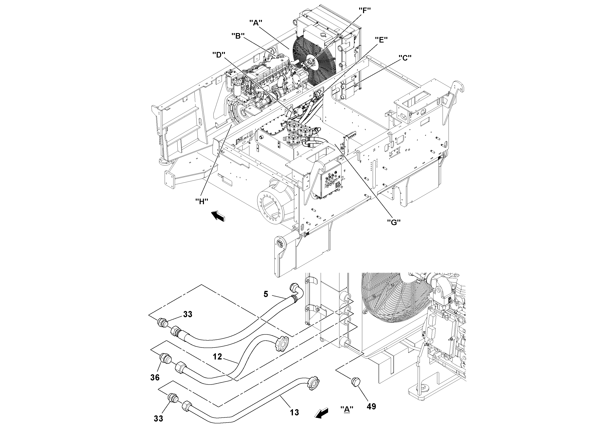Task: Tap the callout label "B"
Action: (x=238, y=36)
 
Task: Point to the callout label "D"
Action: (x=219, y=55)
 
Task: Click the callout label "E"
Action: (x=381, y=40)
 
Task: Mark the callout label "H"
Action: (x=201, y=201)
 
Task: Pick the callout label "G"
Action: (x=394, y=222)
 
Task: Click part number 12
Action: (x=217, y=357)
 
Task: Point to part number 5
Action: (x=266, y=294)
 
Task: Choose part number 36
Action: (x=155, y=377)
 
